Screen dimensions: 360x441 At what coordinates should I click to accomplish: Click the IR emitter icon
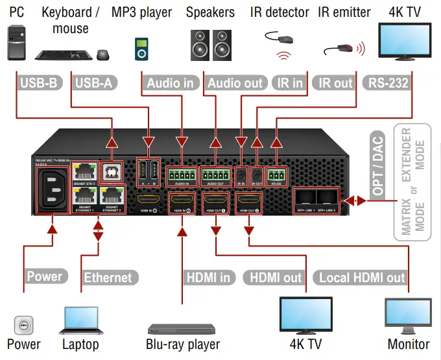click(x=342, y=49)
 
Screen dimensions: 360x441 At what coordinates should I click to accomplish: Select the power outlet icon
click(x=23, y=324)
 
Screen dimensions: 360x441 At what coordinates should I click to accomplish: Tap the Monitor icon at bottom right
click(x=408, y=316)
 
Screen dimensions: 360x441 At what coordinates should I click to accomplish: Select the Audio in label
click(x=170, y=82)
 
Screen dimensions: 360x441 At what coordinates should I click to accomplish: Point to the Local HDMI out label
click(x=362, y=278)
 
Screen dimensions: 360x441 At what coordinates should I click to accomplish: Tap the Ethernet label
click(x=108, y=278)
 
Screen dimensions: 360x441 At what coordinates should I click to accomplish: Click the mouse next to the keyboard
click(x=102, y=54)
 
